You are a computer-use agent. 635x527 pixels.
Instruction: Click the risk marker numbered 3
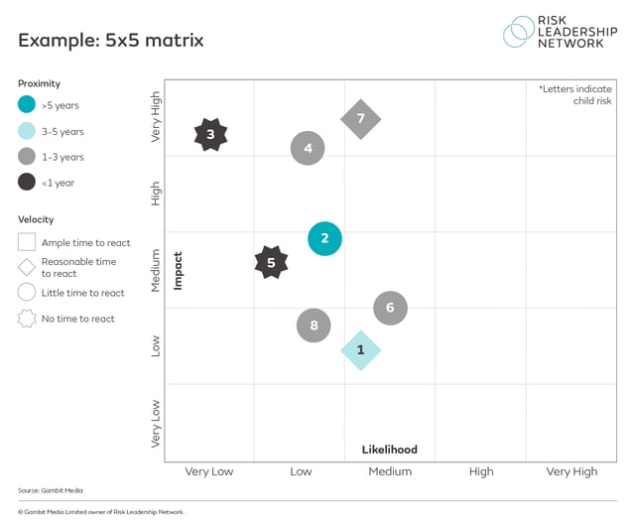click(x=210, y=133)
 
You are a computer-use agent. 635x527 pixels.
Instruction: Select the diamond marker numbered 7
click(x=360, y=119)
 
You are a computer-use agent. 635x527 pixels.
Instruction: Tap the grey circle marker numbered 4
click(x=308, y=149)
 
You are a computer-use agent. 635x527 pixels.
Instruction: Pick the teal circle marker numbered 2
click(x=324, y=238)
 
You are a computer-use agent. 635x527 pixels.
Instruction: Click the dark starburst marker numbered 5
click(x=271, y=263)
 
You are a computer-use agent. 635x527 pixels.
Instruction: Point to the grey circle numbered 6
click(x=390, y=308)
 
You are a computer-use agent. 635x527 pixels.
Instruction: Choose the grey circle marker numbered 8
click(x=314, y=325)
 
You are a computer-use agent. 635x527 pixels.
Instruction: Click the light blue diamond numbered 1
click(x=360, y=349)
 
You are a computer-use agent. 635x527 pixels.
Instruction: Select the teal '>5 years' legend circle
click(x=27, y=105)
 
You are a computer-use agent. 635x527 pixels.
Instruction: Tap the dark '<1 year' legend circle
click(x=27, y=182)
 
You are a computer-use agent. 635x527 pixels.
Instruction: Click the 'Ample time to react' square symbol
click(x=27, y=242)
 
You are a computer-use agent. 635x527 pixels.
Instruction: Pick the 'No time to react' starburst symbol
click(x=27, y=319)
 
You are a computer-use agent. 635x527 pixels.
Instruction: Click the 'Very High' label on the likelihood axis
click(x=571, y=472)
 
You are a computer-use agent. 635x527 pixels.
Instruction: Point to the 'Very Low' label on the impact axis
click(x=156, y=424)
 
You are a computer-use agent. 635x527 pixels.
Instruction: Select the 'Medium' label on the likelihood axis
click(x=390, y=472)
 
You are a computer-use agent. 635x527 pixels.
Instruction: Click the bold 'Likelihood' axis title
click(x=389, y=450)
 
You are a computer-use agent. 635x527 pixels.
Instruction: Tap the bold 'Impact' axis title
click(x=179, y=270)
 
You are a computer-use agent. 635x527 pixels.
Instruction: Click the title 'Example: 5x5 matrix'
click(x=110, y=41)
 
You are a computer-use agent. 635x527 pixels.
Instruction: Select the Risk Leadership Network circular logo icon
click(x=519, y=31)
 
